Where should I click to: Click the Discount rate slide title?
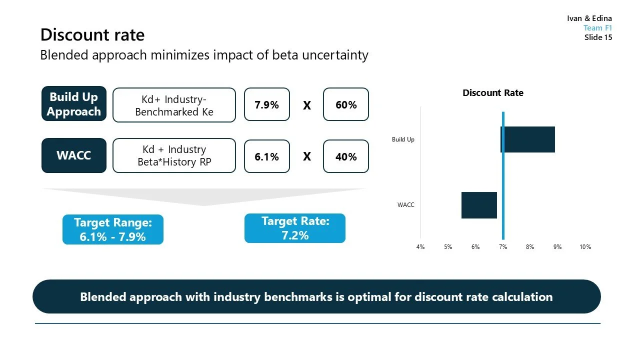[92, 35]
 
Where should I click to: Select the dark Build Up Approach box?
[74, 104]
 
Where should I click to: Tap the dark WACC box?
[74, 155]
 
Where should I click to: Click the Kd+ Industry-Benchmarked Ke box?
[174, 105]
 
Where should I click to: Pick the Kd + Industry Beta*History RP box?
[174, 155]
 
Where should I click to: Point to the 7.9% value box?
[266, 104]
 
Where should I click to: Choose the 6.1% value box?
[266, 156]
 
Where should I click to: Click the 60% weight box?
[346, 104]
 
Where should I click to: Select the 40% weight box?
[346, 156]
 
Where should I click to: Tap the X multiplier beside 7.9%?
[306, 105]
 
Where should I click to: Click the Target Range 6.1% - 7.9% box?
[113, 229]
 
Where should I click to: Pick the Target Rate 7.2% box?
[295, 228]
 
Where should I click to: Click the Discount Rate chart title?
[493, 93]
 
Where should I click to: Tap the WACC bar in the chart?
[479, 205]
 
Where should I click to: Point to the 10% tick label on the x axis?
[585, 247]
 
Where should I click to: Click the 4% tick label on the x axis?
[420, 247]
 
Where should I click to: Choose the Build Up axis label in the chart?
[403, 139]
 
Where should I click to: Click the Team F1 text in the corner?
[597, 28]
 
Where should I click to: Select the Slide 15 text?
[598, 37]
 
